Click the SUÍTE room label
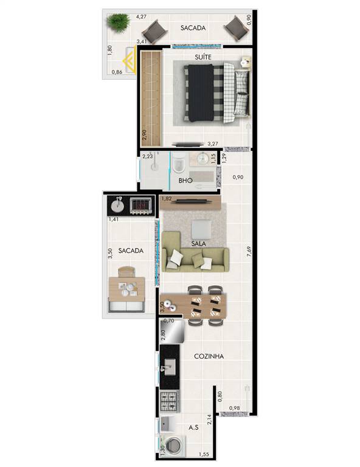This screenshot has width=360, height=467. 203,57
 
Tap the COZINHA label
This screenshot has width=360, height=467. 209,356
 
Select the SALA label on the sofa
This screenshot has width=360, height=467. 198,243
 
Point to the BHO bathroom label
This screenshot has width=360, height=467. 185,180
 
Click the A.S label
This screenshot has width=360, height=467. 193,427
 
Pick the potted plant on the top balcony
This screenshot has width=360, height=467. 119,22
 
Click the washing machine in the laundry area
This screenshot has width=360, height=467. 173,446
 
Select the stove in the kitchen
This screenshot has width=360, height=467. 170,401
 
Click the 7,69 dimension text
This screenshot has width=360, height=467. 249,251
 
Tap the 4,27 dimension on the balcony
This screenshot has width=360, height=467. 141,16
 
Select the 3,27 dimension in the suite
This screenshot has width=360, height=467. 213,144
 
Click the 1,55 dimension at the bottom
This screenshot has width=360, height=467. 204,454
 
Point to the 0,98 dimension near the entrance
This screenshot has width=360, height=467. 234,408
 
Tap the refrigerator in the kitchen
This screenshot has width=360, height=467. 172,331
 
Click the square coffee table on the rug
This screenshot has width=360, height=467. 201,229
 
